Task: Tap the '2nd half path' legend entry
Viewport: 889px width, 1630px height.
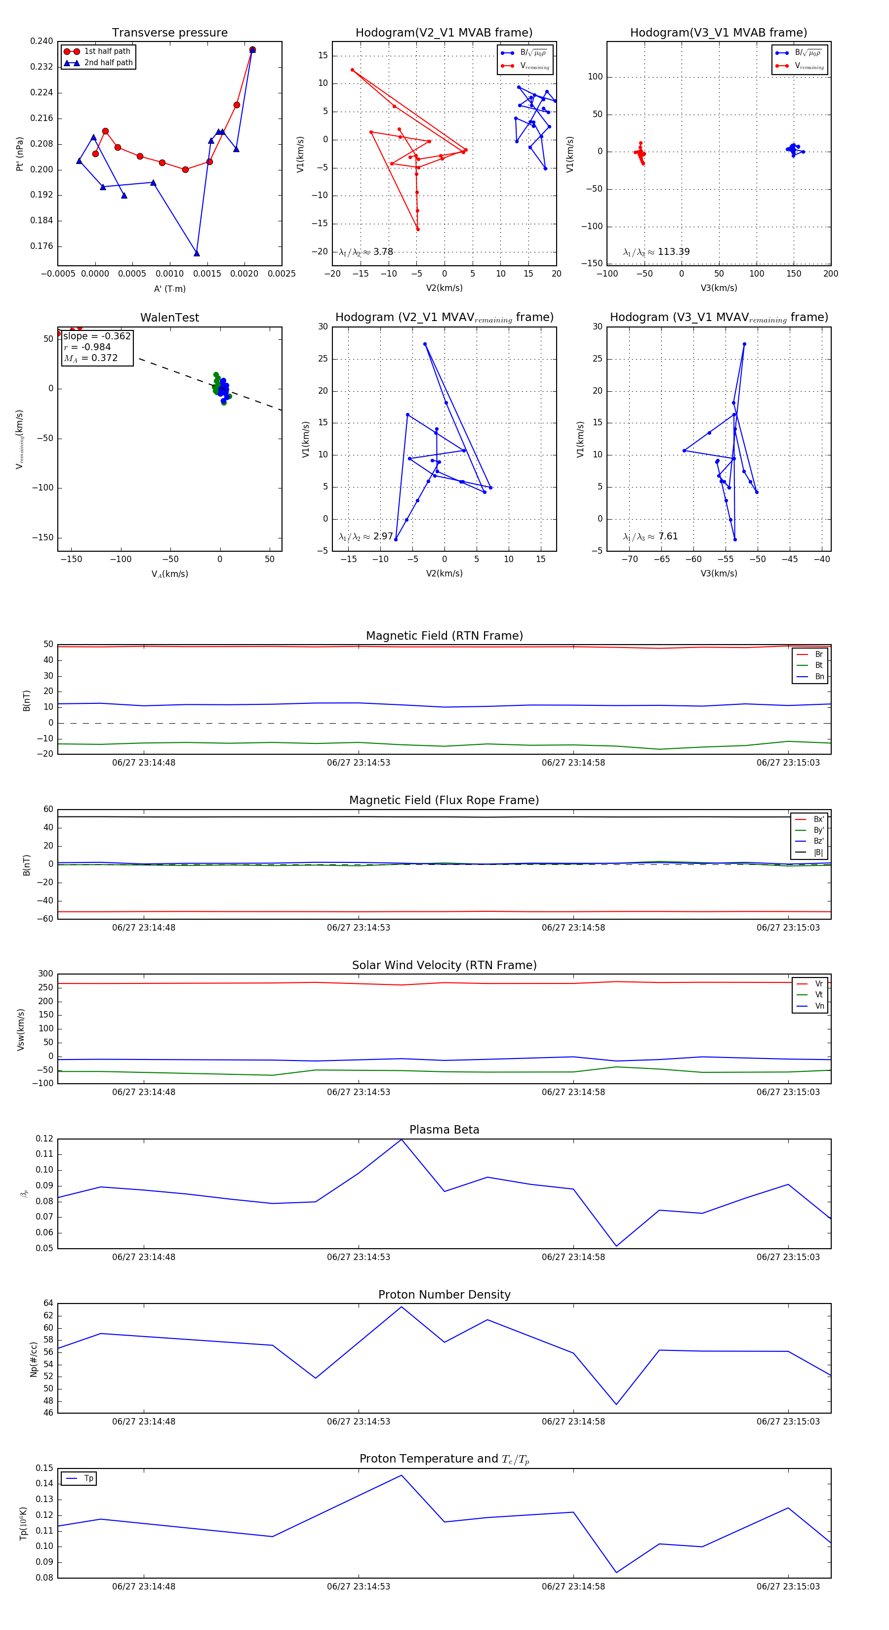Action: click(x=108, y=63)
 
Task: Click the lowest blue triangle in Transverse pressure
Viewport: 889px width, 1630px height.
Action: click(x=197, y=253)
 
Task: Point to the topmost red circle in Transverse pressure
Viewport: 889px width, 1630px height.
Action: click(x=252, y=50)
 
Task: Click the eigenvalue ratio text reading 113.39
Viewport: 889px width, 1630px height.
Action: click(x=656, y=252)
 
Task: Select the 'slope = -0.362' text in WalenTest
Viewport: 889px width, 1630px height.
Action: click(x=97, y=336)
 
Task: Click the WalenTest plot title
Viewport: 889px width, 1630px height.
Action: click(x=169, y=318)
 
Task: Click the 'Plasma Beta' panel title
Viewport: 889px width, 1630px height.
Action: click(x=444, y=1130)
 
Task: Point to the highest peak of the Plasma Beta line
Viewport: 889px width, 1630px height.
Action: click(x=401, y=1140)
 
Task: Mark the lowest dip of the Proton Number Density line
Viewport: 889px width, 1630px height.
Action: click(x=616, y=1405)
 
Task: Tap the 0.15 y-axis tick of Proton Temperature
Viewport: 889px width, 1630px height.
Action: click(x=44, y=1468)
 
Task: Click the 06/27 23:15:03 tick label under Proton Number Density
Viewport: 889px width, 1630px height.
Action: click(x=788, y=1421)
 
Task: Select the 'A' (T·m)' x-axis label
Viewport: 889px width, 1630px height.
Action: click(x=169, y=288)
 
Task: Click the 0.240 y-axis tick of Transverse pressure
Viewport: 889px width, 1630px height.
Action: click(x=42, y=41)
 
